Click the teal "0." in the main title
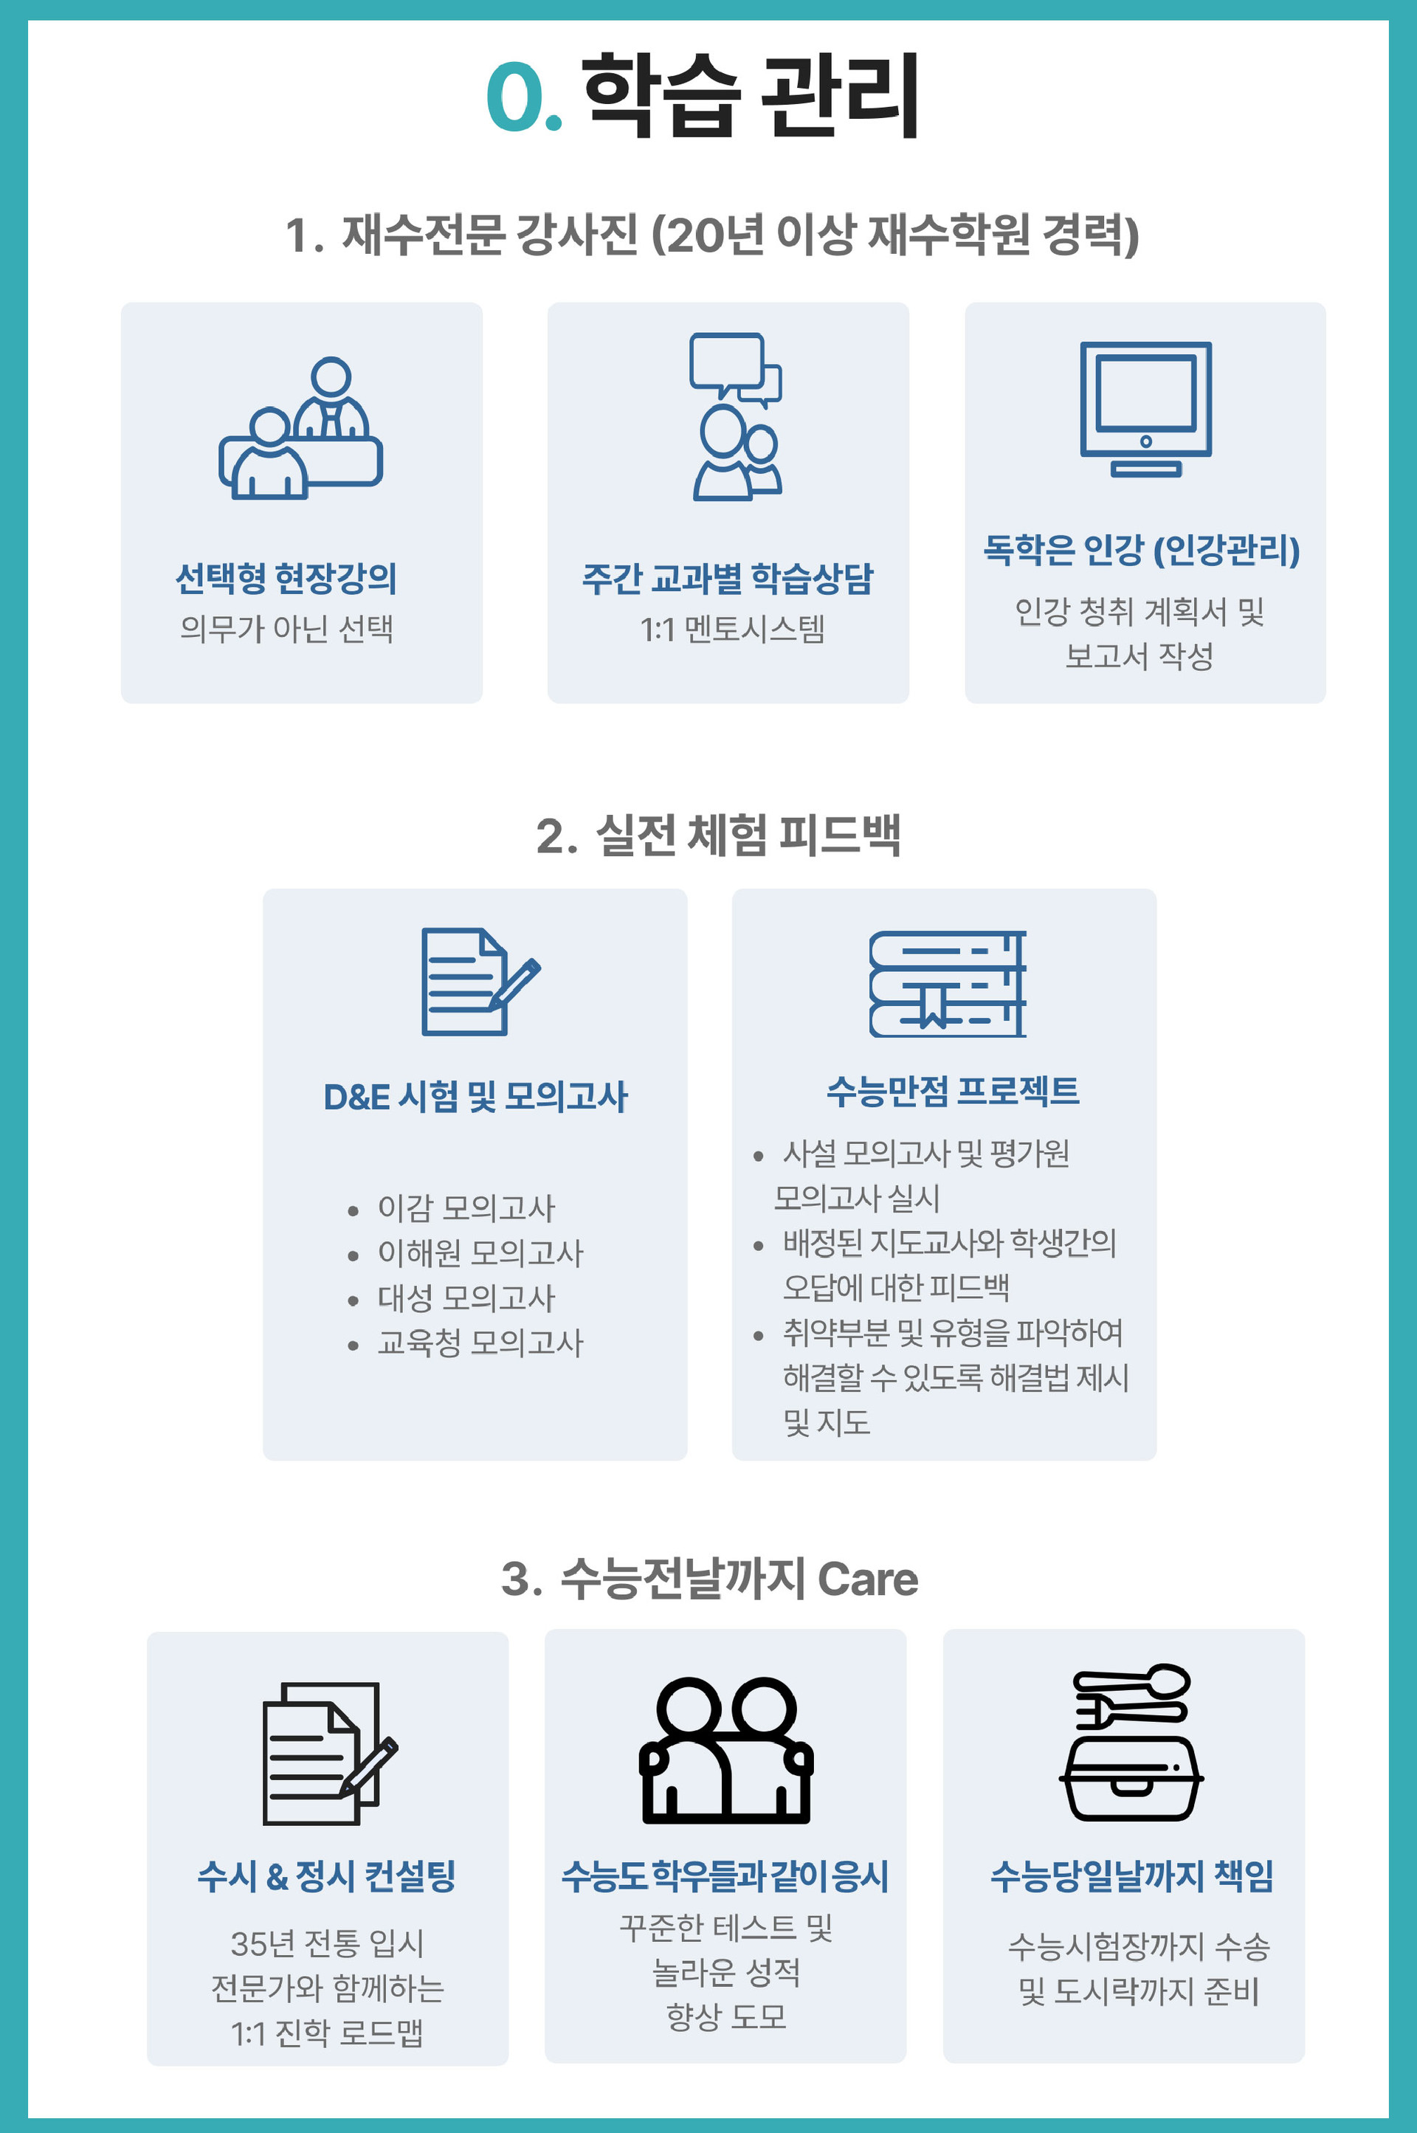coord(523,97)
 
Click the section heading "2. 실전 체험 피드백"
coord(717,835)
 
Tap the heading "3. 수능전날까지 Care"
coord(709,1579)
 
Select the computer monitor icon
coord(1145,409)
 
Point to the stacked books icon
coord(947,983)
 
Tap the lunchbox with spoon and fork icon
coord(1131,1742)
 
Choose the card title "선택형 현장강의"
coord(286,579)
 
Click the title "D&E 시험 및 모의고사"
coord(475,1096)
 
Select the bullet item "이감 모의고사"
coord(466,1207)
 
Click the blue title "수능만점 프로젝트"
coord(953,1091)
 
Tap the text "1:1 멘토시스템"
coord(732,629)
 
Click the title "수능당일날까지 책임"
coord(1131,1876)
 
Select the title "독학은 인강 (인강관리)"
coord(1142,550)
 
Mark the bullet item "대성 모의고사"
coord(466,1298)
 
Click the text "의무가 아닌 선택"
coord(286,628)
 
